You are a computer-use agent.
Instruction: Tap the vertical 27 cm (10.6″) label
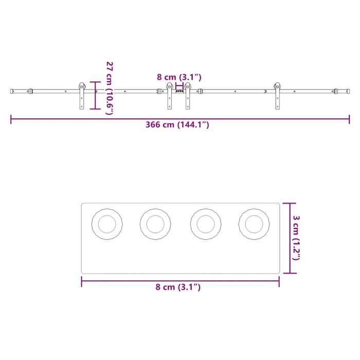(x=109, y=88)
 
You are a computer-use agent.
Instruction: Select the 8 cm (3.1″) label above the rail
(x=179, y=77)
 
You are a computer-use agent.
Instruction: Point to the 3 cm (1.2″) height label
(x=296, y=237)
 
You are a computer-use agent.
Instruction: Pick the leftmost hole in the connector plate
(x=107, y=224)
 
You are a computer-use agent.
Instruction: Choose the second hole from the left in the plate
(x=155, y=224)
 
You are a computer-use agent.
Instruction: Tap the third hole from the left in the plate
(x=205, y=224)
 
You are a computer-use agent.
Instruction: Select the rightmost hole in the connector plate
(x=254, y=224)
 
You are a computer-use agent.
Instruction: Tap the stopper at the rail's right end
(x=335, y=92)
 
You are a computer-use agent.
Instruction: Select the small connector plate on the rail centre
(x=179, y=92)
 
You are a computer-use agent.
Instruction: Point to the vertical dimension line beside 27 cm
(x=94, y=95)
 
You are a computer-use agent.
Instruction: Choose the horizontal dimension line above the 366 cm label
(x=180, y=119)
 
